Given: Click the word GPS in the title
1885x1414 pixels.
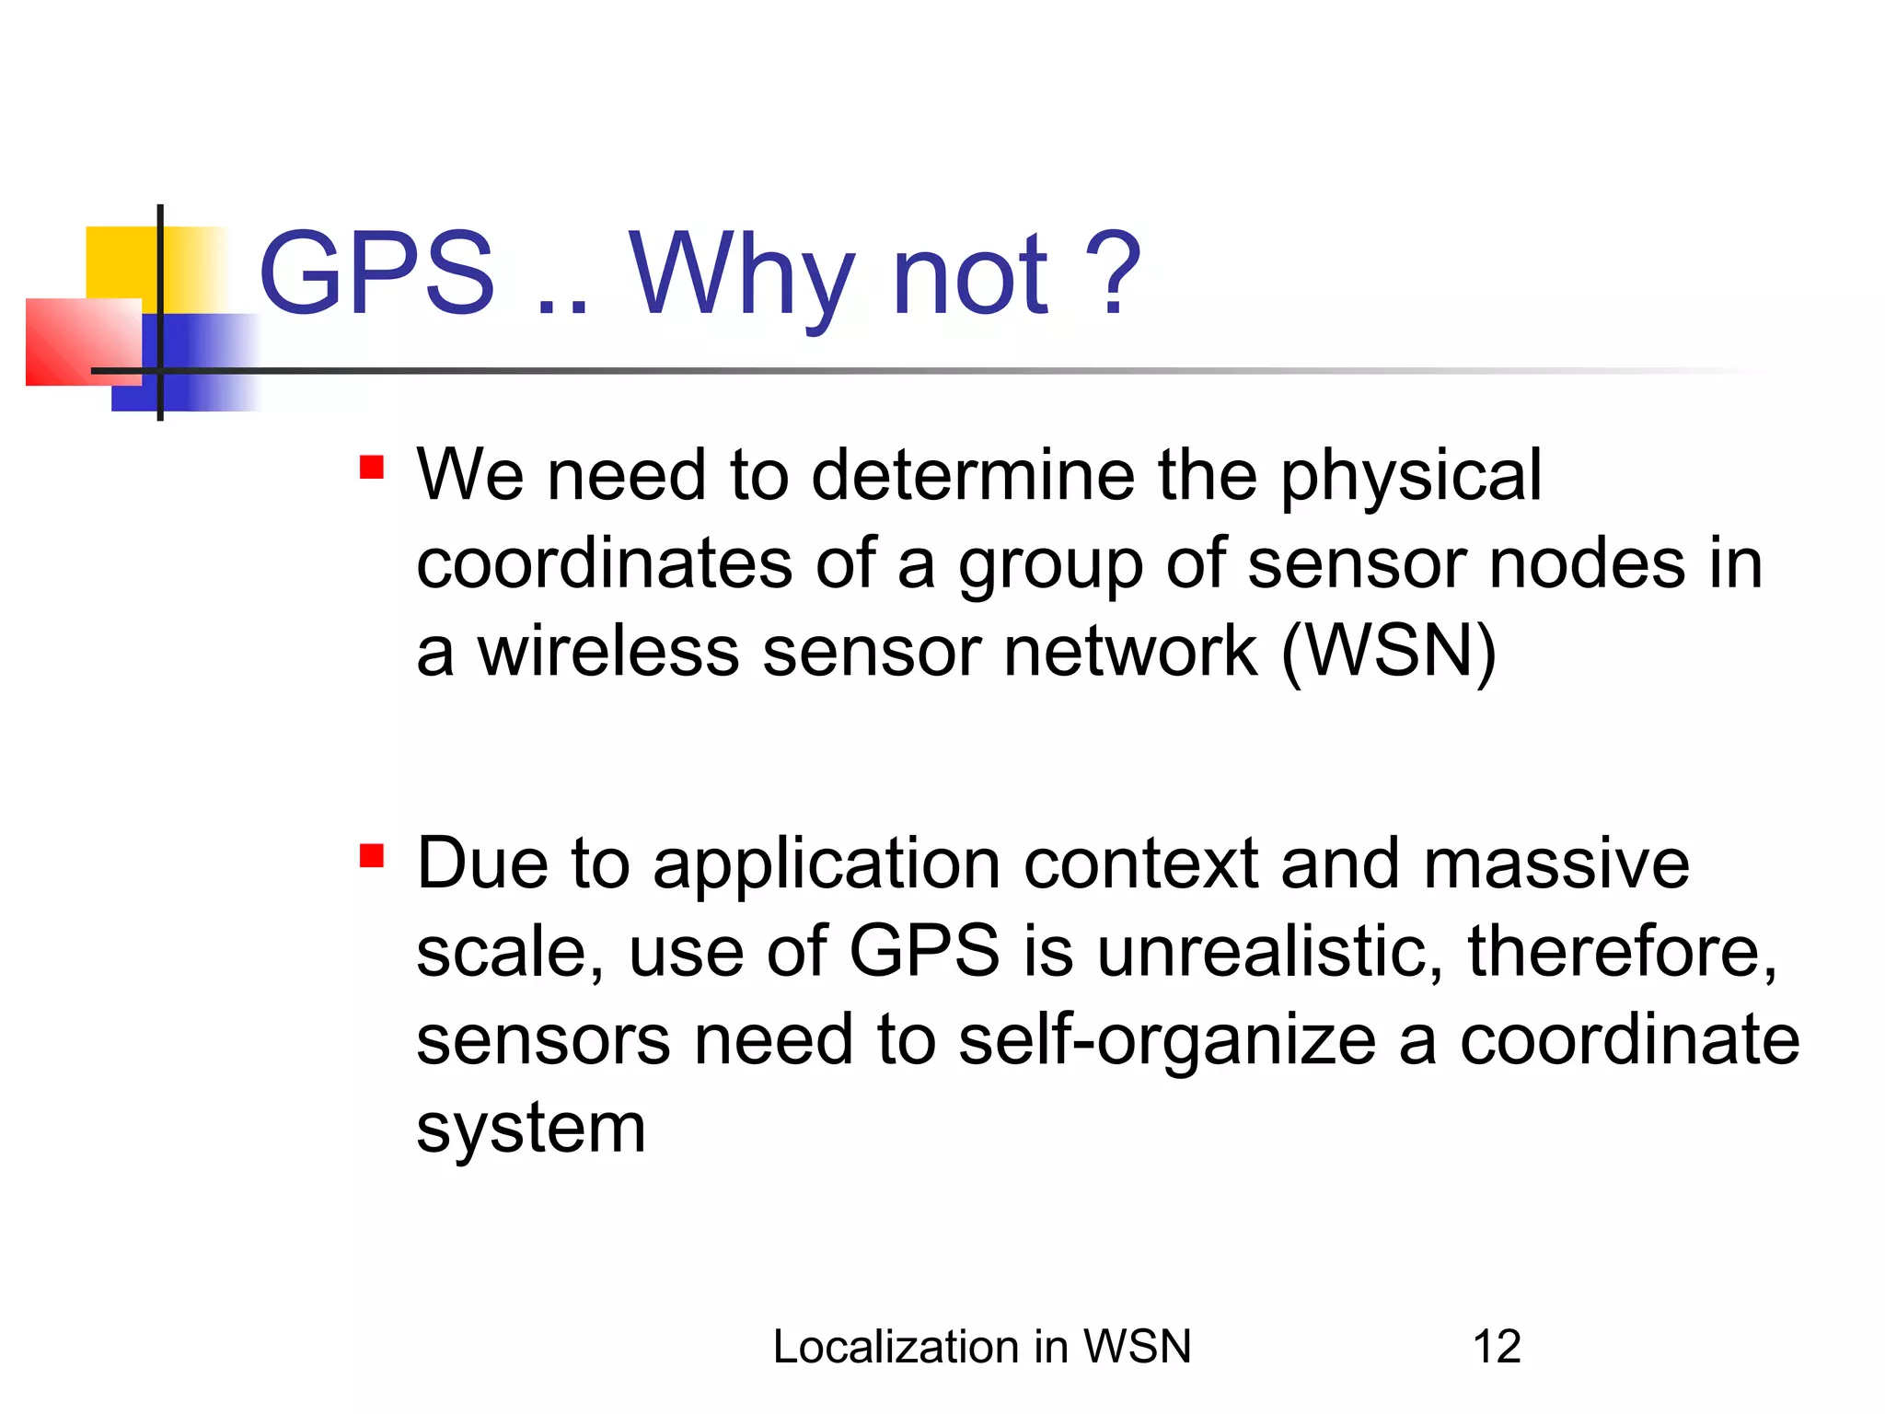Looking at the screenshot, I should click(x=376, y=273).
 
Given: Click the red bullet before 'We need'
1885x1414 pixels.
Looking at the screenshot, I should click(x=372, y=468).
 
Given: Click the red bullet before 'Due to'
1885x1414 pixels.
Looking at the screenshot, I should click(x=372, y=856).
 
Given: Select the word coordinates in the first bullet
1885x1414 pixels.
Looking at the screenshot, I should click(x=604, y=563).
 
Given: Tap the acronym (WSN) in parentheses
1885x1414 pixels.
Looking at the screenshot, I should click(x=1388, y=652).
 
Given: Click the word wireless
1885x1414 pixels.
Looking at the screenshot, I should click(x=608, y=652).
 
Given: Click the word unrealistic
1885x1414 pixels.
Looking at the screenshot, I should click(x=1269, y=952).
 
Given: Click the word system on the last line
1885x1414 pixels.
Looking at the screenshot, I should click(x=531, y=1130).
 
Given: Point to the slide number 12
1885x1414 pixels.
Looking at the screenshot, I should click(x=1497, y=1347).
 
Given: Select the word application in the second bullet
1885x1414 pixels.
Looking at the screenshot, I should click(x=827, y=865).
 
